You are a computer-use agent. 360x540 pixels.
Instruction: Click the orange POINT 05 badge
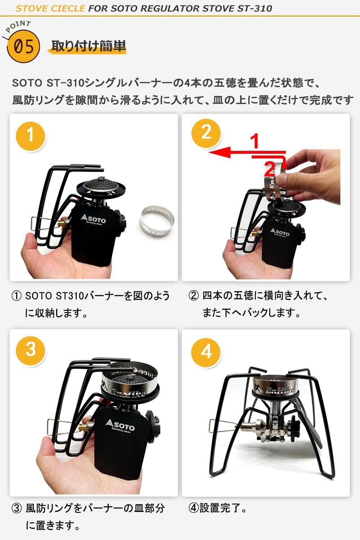point(23,46)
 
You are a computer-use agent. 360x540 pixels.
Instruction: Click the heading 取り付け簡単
point(89,46)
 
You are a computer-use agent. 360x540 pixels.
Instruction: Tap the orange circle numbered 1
point(30,136)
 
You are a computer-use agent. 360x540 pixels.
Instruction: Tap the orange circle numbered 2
point(206,133)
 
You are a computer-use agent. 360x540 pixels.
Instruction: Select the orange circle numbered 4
point(206,352)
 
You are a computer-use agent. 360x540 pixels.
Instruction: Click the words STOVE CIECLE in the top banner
point(50,9)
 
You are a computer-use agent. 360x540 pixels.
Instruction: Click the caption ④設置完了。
point(218,508)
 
